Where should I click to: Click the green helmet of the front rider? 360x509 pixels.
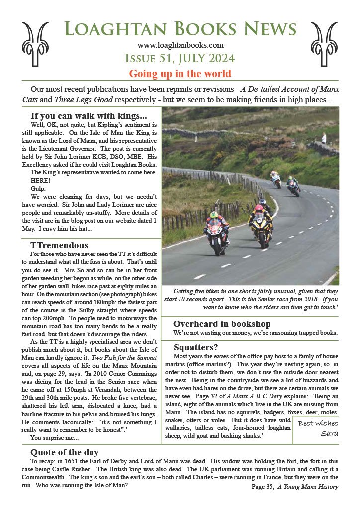(214, 215)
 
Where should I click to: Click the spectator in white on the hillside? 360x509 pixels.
(324, 138)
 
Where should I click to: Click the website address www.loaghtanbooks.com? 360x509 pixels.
(180, 45)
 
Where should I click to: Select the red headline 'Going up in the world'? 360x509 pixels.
(180, 74)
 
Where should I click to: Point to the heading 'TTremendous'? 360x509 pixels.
(59, 245)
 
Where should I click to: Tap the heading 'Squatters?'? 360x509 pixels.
(196, 347)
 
